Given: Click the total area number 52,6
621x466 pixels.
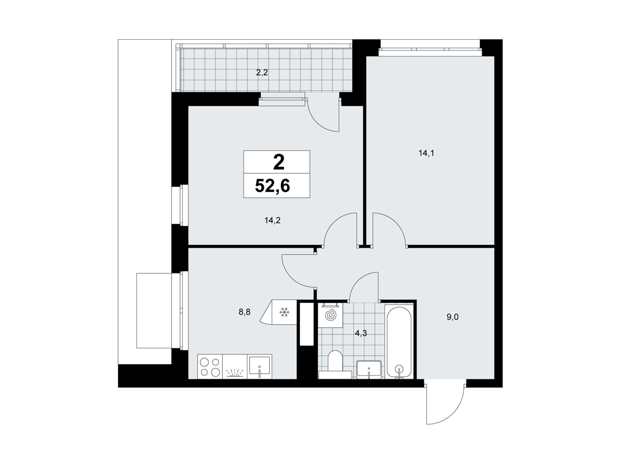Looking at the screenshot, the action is pyautogui.click(x=272, y=186).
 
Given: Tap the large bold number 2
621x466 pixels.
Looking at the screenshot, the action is pyautogui.click(x=279, y=163).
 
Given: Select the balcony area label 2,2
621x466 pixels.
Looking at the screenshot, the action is pyautogui.click(x=262, y=73).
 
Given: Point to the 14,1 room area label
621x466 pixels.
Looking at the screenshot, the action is pyautogui.click(x=426, y=153).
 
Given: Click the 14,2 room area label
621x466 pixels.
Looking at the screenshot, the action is pyautogui.click(x=272, y=221).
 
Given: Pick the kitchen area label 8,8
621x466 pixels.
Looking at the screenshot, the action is pyautogui.click(x=245, y=312).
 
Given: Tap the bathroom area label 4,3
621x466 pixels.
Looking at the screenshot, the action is pyautogui.click(x=361, y=334).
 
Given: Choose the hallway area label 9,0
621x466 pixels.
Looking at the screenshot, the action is pyautogui.click(x=453, y=317).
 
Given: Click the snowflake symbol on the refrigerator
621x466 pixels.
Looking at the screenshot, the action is pyautogui.click(x=283, y=312).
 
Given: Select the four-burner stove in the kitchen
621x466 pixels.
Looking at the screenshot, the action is pyautogui.click(x=210, y=367).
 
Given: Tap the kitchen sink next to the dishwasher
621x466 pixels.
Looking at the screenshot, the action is pyautogui.click(x=259, y=367).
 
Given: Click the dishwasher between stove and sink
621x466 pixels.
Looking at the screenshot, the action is pyautogui.click(x=235, y=367).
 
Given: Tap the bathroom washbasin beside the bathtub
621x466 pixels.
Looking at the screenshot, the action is pyautogui.click(x=369, y=369).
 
